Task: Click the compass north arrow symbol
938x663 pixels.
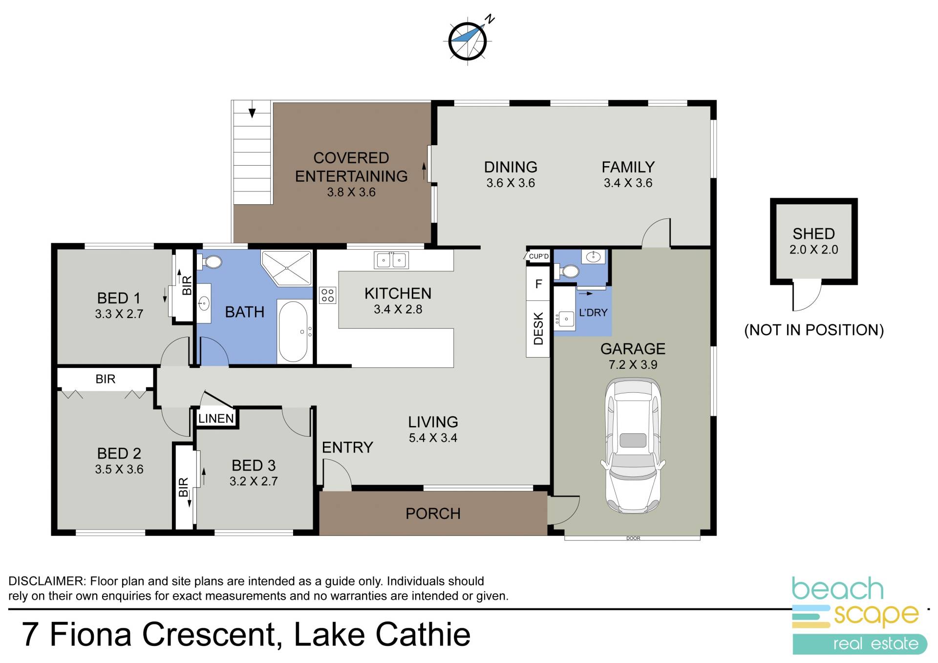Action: pos(469,40)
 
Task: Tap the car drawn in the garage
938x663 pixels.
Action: pos(633,446)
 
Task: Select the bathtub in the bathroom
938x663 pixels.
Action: pos(293,331)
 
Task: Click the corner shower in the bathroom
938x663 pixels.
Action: pos(286,268)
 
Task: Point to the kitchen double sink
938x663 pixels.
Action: pos(391,260)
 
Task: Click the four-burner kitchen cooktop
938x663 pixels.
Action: pos(328,295)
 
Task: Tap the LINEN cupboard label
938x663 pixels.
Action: pos(216,418)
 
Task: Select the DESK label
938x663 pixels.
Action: pos(538,329)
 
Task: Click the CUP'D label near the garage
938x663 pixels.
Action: pos(539,256)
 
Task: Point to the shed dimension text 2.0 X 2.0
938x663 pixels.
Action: pos(814,250)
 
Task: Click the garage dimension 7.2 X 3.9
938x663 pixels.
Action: pos(633,364)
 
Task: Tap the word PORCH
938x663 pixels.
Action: pos(433,513)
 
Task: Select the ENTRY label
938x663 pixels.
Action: pos(347,447)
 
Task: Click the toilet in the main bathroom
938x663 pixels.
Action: pos(210,262)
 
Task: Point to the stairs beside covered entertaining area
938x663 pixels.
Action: pos(252,152)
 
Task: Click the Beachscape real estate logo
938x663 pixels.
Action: pos(859,616)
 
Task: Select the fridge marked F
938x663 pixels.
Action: pos(538,283)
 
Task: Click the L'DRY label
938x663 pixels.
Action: pos(593,312)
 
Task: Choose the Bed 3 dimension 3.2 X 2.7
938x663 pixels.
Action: pos(254,481)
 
